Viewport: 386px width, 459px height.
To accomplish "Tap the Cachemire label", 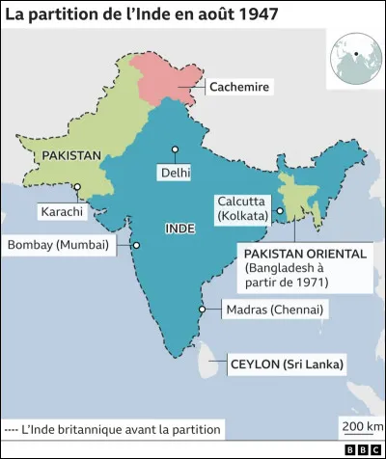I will coord(237,88).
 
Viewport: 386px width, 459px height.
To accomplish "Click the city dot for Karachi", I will coord(76,187).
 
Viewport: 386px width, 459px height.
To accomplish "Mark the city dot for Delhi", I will coord(175,149).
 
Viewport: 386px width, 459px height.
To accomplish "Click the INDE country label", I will coord(180,229).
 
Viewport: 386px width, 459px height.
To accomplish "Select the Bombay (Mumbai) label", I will coord(60,245).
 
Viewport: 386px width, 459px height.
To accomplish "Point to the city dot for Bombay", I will coord(136,245).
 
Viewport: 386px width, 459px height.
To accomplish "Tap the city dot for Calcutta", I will coord(280,211).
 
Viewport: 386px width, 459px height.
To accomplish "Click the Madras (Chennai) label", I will coord(273,310).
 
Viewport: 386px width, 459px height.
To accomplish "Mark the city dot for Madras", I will coord(201,310).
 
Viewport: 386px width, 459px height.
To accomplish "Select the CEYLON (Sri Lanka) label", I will coord(287,364).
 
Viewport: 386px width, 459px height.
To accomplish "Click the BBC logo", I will coord(362,449).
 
